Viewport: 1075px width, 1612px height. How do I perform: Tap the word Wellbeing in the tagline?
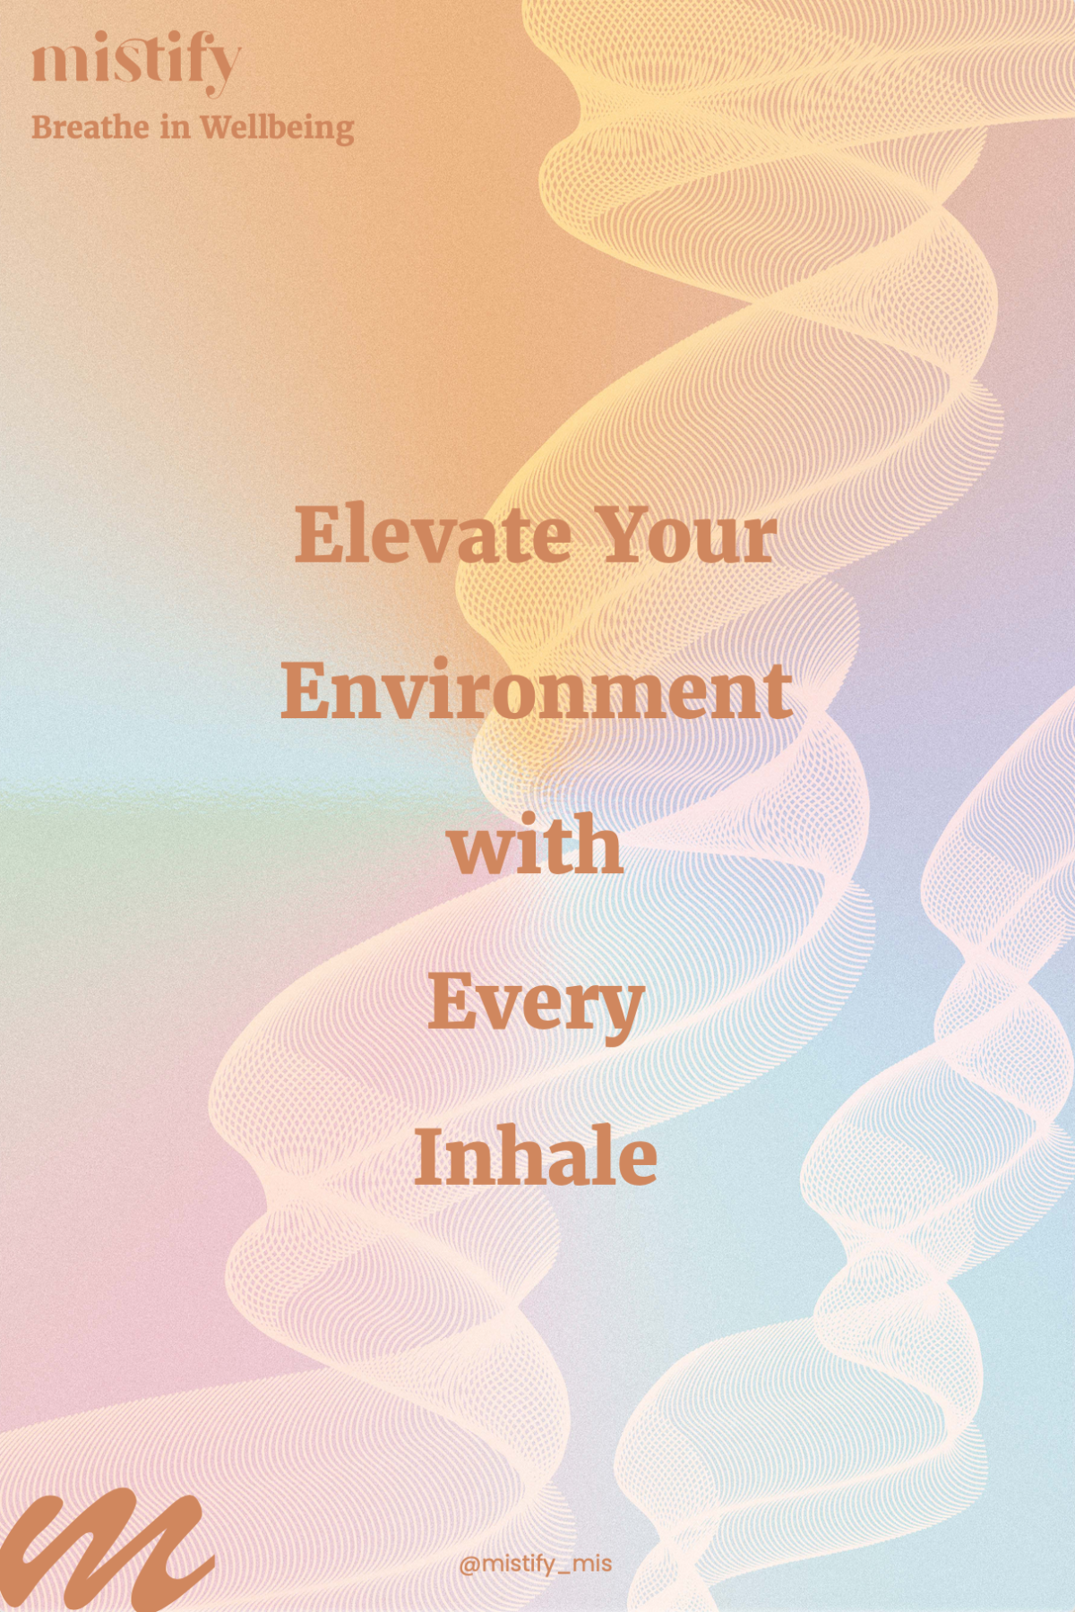(x=277, y=129)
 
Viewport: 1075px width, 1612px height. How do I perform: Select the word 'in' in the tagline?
(x=175, y=127)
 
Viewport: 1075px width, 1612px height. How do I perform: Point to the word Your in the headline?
(x=687, y=535)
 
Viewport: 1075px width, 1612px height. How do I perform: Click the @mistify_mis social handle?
(x=536, y=1564)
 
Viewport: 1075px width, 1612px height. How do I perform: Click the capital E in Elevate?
(x=320, y=535)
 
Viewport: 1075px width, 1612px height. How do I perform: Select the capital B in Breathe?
(x=43, y=127)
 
